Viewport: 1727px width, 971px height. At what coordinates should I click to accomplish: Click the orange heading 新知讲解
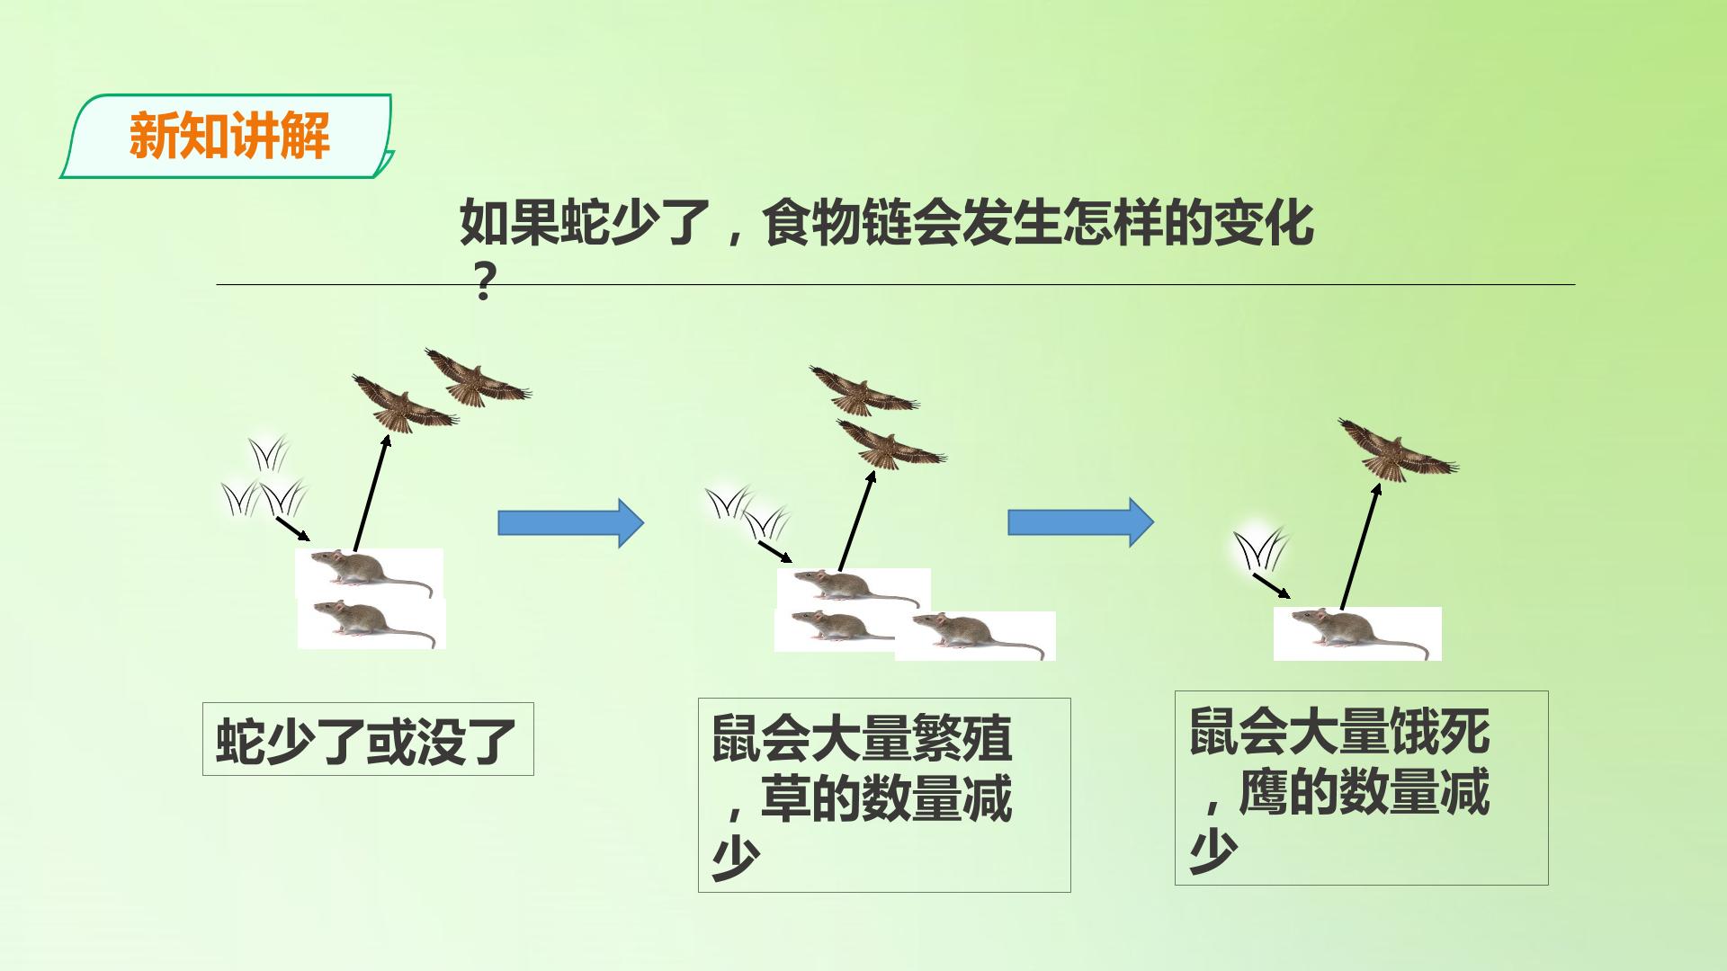pos(229,136)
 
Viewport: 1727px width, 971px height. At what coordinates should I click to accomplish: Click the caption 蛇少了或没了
pos(367,741)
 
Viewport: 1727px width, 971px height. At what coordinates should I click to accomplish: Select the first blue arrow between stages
pos(571,522)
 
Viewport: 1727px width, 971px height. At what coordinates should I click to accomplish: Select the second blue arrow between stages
pos(1080,522)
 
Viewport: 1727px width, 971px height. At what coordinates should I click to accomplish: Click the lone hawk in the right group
pos(1398,450)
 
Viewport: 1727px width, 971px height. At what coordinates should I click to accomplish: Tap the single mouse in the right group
pos(1357,633)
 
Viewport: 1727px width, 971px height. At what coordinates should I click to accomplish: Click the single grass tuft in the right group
pos(1261,550)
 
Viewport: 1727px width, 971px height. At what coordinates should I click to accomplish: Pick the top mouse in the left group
pos(370,573)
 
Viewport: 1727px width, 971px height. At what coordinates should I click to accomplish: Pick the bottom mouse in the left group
pos(371,623)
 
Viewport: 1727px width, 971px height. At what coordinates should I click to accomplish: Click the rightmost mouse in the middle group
pos(975,635)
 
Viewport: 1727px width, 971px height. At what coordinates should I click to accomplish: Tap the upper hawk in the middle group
pos(863,389)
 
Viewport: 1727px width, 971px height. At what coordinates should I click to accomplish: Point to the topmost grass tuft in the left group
pos(268,455)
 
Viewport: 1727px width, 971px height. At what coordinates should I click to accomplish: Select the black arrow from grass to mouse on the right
pos(1272,585)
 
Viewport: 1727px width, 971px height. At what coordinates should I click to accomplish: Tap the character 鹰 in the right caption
pos(1263,792)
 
